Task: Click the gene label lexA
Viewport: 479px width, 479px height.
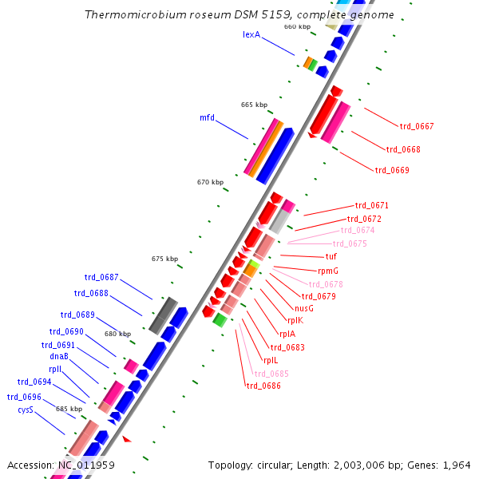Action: tap(251, 35)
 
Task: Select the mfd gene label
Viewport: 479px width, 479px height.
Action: tap(207, 117)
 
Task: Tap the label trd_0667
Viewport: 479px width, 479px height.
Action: tap(416, 126)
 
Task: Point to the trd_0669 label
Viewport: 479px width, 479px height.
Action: tap(391, 170)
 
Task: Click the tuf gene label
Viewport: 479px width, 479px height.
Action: tap(331, 257)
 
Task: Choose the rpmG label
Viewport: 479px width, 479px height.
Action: tap(328, 271)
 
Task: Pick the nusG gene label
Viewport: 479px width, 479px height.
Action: tap(303, 308)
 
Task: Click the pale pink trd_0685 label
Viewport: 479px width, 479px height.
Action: tap(271, 374)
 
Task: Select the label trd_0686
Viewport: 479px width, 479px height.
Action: tap(263, 386)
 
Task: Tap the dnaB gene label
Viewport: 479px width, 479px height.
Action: tap(59, 357)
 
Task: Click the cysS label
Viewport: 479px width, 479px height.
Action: tap(26, 410)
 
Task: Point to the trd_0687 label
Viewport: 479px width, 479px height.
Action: tap(101, 278)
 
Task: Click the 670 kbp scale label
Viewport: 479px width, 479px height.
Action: tap(210, 183)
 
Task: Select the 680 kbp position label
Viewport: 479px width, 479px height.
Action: tap(117, 335)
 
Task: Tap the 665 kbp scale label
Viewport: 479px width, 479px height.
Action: tap(254, 105)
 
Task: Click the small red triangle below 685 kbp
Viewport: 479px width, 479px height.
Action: tap(126, 439)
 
